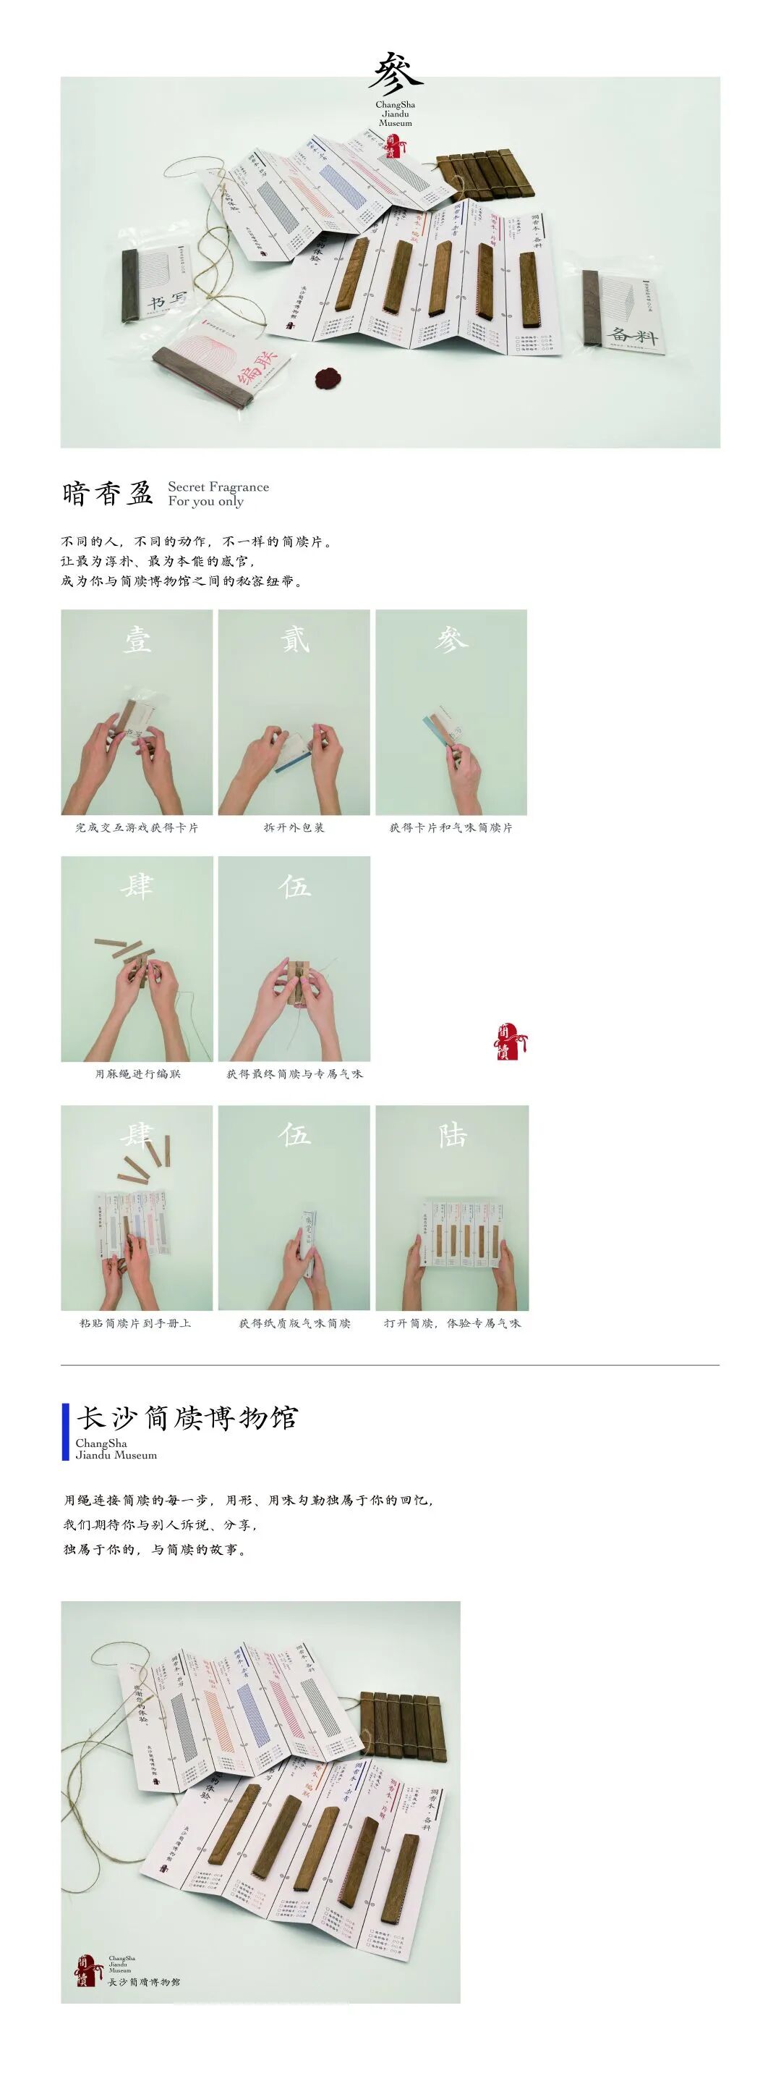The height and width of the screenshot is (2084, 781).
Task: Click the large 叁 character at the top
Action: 396,73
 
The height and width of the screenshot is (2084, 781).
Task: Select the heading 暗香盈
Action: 108,494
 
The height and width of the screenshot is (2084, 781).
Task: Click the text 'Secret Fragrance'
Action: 218,487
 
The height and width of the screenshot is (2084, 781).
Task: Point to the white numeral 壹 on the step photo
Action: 137,640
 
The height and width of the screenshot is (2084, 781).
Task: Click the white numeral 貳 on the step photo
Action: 294,640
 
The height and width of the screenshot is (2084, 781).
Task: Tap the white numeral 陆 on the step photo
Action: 452,1135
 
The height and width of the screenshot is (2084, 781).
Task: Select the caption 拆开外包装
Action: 294,827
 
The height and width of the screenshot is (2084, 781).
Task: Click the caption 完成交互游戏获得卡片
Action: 137,827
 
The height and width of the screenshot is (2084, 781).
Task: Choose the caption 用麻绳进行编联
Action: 137,1074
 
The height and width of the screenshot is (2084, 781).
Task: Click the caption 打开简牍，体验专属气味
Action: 452,1323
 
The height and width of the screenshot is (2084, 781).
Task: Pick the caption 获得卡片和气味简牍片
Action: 451,827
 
